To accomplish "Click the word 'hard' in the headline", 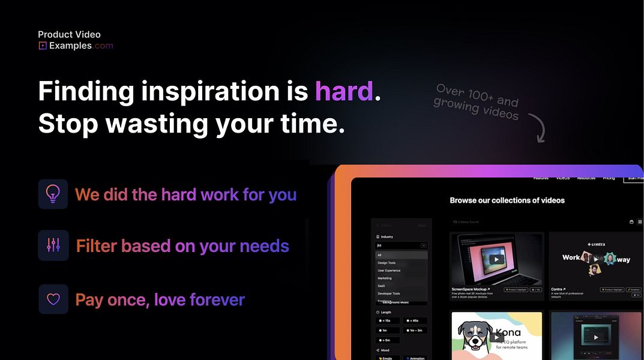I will click(x=344, y=91).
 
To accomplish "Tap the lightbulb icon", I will click(x=53, y=194).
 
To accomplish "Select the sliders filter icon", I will click(x=53, y=245).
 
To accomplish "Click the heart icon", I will click(x=53, y=299).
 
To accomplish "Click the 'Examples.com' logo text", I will click(x=81, y=46).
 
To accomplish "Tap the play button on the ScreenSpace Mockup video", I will click(x=496, y=259).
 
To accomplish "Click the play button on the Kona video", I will click(x=496, y=337).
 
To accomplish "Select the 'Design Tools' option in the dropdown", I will click(x=387, y=263).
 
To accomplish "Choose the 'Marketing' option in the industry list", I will click(x=385, y=278).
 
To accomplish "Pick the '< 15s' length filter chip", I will click(x=388, y=321).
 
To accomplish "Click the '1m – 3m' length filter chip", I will click(x=415, y=331).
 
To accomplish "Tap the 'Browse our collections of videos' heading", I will click(x=507, y=200).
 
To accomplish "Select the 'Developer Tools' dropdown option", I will click(x=389, y=293).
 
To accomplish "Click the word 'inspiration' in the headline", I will click(x=210, y=91).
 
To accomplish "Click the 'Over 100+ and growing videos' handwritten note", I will click(x=477, y=101).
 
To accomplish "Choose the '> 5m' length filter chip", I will click(x=388, y=340).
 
